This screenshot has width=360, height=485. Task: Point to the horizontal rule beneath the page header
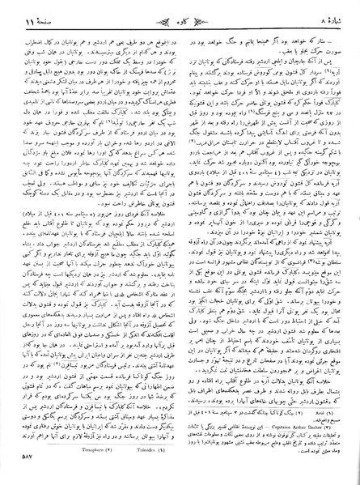[x=180, y=26]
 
